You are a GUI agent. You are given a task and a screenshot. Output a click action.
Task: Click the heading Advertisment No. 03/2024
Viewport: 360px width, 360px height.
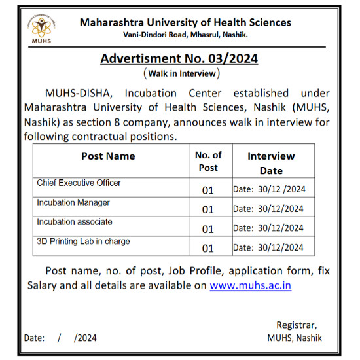click(x=179, y=58)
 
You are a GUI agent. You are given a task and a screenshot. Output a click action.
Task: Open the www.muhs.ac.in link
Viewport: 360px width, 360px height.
click(x=250, y=285)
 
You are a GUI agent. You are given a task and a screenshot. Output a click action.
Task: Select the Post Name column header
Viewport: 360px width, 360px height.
click(x=108, y=156)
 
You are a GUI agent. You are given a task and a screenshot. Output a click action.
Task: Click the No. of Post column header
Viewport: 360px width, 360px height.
click(x=208, y=161)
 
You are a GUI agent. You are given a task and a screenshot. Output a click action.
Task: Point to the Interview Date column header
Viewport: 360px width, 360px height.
click(x=271, y=163)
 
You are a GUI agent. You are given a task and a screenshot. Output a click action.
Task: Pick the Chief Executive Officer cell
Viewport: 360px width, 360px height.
click(x=79, y=183)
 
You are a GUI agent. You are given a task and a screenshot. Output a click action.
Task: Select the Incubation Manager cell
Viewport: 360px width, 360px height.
click(x=73, y=203)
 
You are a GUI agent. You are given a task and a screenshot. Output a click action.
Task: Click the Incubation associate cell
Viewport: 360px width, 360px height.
click(x=75, y=222)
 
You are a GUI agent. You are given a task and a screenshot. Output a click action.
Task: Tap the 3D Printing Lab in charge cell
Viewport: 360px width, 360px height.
click(x=83, y=242)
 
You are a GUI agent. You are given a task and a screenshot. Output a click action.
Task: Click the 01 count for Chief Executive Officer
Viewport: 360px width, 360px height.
click(x=208, y=190)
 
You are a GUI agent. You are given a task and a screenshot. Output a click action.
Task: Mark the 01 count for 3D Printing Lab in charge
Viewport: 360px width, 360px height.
click(x=208, y=248)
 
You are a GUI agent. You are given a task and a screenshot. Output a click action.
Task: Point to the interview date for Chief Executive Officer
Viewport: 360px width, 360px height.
click(x=269, y=190)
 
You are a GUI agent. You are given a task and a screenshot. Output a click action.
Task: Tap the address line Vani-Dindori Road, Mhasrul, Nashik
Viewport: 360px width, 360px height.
click(x=186, y=34)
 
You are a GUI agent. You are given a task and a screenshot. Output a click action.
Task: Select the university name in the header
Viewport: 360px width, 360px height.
click(x=185, y=22)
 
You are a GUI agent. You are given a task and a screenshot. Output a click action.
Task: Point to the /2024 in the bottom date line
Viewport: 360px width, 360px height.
click(x=85, y=338)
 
